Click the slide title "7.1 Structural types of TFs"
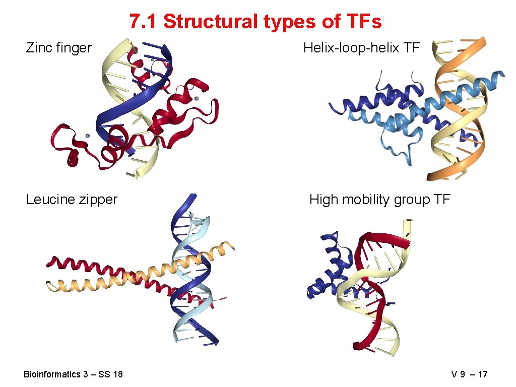tap(255, 22)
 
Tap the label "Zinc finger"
tap(58, 48)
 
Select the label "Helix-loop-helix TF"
tap(361, 48)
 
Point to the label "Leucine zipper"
tap(72, 200)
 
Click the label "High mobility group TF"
tap(379, 200)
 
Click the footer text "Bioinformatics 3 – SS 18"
tap(73, 374)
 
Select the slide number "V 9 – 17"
tap(469, 374)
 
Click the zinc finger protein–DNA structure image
tap(136, 108)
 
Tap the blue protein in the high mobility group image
tap(328, 272)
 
